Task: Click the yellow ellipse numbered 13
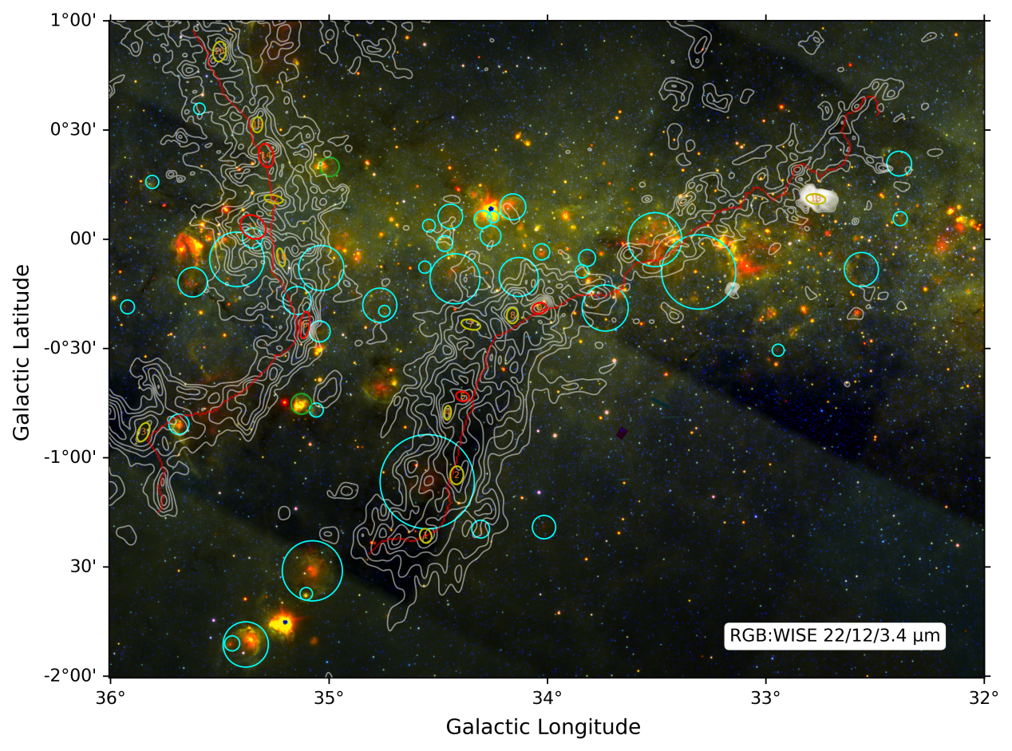[x=257, y=125]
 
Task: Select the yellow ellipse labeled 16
[x=815, y=199]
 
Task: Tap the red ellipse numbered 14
[x=267, y=155]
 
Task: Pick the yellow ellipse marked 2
[x=457, y=475]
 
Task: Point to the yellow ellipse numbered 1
[x=426, y=536]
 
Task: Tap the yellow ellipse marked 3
[x=143, y=432]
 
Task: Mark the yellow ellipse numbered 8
[x=512, y=315]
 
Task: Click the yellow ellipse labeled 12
[x=273, y=199]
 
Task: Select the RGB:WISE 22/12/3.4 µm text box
[x=835, y=636]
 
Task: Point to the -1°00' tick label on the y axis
[x=77, y=457]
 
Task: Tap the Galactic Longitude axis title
[x=543, y=727]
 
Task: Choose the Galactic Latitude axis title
[x=22, y=352]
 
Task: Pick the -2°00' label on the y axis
[x=77, y=676]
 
